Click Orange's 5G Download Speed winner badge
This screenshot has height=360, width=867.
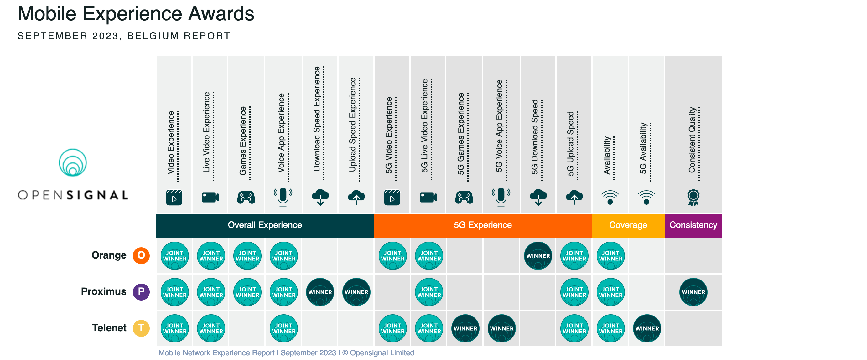point(538,256)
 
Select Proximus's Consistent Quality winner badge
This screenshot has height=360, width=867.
point(693,292)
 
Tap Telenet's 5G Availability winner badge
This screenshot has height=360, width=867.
point(647,328)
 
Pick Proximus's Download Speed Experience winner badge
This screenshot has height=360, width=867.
point(320,292)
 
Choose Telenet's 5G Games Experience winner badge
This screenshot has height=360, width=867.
point(465,328)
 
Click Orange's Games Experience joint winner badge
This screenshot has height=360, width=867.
point(247,256)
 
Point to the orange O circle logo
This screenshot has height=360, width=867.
point(141,255)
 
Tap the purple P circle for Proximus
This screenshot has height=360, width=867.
point(141,292)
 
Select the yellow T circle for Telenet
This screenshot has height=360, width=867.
point(141,328)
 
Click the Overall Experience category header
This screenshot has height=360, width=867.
point(265,225)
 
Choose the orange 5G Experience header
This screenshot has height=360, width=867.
point(483,225)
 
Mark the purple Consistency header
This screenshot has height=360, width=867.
point(693,225)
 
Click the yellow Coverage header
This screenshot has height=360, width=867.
point(628,225)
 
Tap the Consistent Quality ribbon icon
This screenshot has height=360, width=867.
point(693,198)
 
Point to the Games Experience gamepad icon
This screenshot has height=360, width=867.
point(246,198)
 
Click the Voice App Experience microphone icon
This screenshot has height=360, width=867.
point(283,197)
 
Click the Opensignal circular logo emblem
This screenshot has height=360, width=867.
point(73,162)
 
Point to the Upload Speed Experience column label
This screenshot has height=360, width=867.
point(352,125)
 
